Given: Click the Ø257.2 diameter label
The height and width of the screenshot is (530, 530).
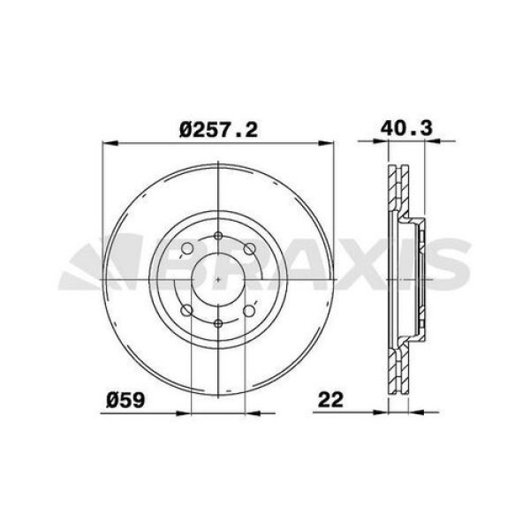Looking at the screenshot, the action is [x=218, y=130].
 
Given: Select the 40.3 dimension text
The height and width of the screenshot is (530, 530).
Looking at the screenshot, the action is [x=406, y=128].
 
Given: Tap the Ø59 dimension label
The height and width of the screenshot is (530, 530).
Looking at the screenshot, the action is [x=125, y=400].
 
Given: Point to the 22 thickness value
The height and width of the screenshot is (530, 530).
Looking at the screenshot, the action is [x=330, y=400].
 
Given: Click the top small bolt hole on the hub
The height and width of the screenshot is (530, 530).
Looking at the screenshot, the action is [x=219, y=236].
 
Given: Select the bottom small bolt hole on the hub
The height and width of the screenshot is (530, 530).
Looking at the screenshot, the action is [x=219, y=323].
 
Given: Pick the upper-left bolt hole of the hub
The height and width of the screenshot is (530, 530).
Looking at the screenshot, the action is [x=187, y=249].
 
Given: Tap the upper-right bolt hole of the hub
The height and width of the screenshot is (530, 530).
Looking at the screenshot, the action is [x=250, y=249].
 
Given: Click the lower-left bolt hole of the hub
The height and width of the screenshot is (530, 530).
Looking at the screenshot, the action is [x=187, y=310].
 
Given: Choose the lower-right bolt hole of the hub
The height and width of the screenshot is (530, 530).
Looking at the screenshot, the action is [x=249, y=311].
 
